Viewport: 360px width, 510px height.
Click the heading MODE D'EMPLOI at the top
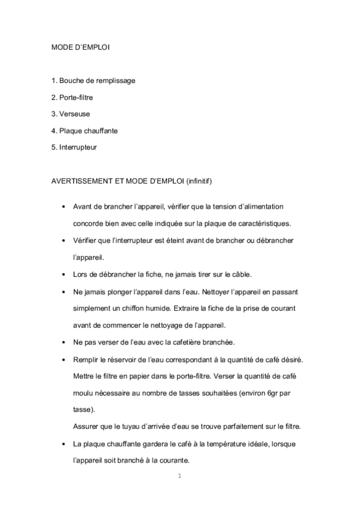tap(81, 46)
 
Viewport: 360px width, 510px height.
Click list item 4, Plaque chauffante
tap(85, 130)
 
